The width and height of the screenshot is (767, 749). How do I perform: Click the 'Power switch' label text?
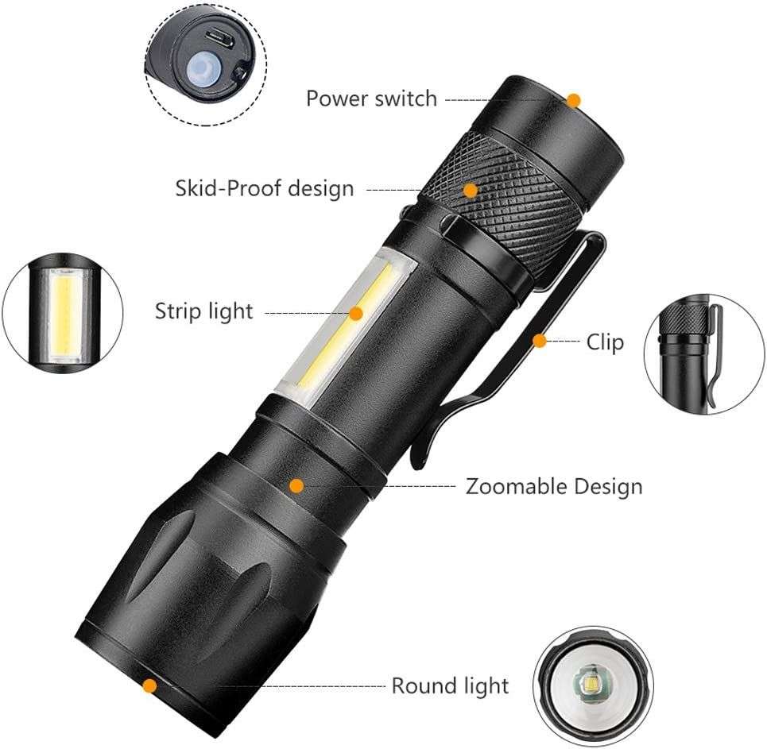371,98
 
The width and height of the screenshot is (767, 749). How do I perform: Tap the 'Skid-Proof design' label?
264,189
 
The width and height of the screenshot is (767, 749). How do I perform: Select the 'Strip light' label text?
203,311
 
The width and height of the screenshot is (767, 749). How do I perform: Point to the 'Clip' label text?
605,342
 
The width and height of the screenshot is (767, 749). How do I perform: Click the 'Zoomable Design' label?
553,485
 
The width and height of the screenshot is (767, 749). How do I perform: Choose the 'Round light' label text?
449,685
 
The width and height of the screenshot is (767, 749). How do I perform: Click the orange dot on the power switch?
574,100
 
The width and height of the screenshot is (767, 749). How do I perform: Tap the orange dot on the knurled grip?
471,191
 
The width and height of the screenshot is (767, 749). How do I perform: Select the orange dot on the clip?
540,341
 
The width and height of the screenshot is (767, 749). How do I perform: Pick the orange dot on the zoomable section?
296,485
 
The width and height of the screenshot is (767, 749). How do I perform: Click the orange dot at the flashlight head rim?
149,685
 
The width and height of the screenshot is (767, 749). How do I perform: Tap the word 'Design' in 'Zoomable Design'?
606,485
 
